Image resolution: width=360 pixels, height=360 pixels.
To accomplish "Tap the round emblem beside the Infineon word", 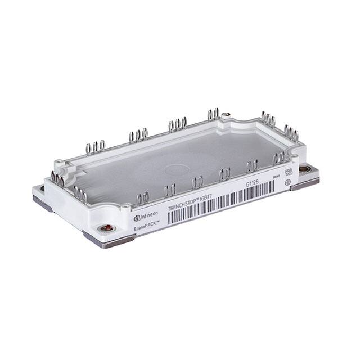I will click(x=136, y=218).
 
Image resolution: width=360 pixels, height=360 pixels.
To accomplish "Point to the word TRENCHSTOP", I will click(x=183, y=204).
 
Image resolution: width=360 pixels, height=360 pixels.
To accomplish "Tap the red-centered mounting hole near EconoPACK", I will click(x=104, y=228).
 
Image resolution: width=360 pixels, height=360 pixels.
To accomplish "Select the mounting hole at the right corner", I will click(x=304, y=168).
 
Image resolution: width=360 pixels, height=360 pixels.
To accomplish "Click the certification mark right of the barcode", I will click(x=288, y=172).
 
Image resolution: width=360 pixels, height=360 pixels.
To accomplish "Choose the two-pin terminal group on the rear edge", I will click(x=213, y=114).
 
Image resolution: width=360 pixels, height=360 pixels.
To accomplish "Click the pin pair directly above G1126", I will click(x=252, y=166).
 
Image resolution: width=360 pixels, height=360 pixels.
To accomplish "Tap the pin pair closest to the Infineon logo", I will click(x=143, y=198).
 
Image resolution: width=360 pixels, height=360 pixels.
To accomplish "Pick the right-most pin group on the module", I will click(x=291, y=133).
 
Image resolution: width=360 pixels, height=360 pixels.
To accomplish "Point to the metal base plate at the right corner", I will click(x=305, y=183).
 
